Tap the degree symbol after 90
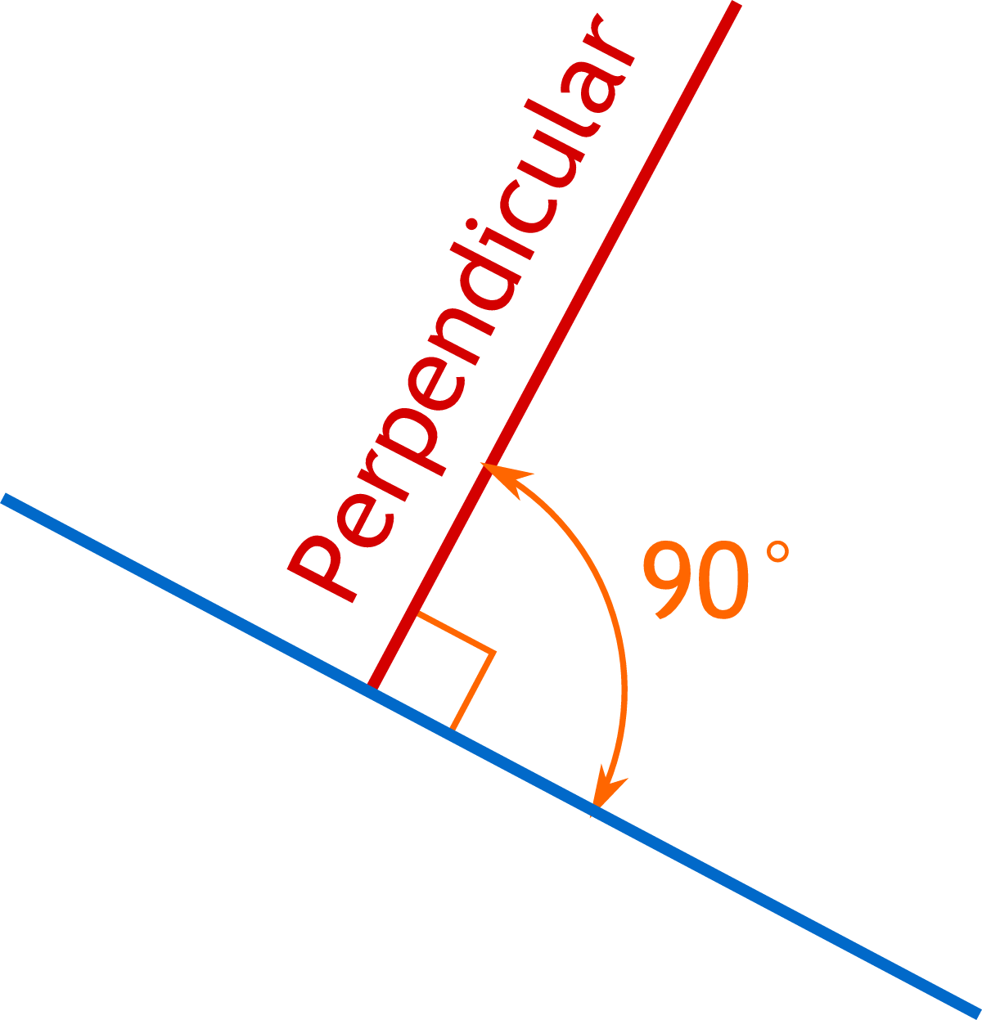pyautogui.click(x=777, y=552)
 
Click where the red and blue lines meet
pyautogui.click(x=373, y=688)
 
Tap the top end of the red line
pyautogui.click(x=736, y=7)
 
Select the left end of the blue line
pyautogui.click(x=5, y=500)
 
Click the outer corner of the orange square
pyautogui.click(x=494, y=652)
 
